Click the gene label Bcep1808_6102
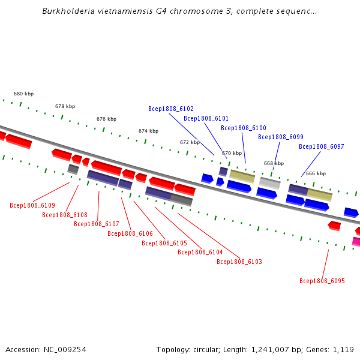pos(171,109)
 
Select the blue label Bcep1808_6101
pos(206,118)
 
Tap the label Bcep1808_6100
pos(244,128)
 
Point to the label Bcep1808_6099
pos(281,137)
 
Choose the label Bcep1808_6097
pos(322,146)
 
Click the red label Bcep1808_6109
pos(32,205)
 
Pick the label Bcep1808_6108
pos(65,215)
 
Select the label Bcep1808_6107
pos(97,224)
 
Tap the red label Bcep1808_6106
pos(130,233)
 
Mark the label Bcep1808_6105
pos(164,243)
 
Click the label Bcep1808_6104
pos(200,253)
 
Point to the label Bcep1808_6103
pos(239,262)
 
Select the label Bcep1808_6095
pos(322,281)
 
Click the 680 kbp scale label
pos(23,94)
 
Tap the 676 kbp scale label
pos(107,119)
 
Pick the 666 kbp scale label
pos(316,173)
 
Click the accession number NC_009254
pos(65,350)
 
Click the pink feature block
pos(356,242)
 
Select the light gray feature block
pos(270,183)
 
